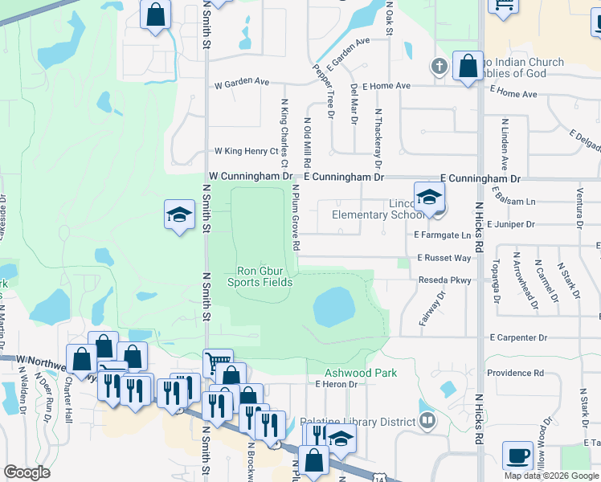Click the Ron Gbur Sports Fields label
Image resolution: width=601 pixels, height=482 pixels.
[259, 276]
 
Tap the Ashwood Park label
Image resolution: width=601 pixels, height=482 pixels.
[350, 374]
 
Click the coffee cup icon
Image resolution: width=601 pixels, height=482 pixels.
[517, 455]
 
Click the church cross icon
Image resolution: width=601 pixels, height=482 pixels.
[440, 67]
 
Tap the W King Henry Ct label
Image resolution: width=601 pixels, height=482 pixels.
[245, 151]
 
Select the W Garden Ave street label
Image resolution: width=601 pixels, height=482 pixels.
[241, 82]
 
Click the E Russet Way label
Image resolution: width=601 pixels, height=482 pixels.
[444, 258]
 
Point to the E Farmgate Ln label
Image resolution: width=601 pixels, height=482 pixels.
[442, 235]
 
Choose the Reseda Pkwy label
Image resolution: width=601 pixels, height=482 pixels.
[444, 281]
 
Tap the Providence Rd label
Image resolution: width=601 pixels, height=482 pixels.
[515, 373]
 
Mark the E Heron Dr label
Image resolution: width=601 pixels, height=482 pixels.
[341, 385]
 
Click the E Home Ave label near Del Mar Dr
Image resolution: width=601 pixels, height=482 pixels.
[386, 86]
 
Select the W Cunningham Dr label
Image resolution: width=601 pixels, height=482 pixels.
[250, 175]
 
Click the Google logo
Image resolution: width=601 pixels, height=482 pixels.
[27, 472]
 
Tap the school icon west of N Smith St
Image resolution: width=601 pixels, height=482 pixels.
[179, 214]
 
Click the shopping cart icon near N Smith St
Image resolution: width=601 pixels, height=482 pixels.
[217, 361]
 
